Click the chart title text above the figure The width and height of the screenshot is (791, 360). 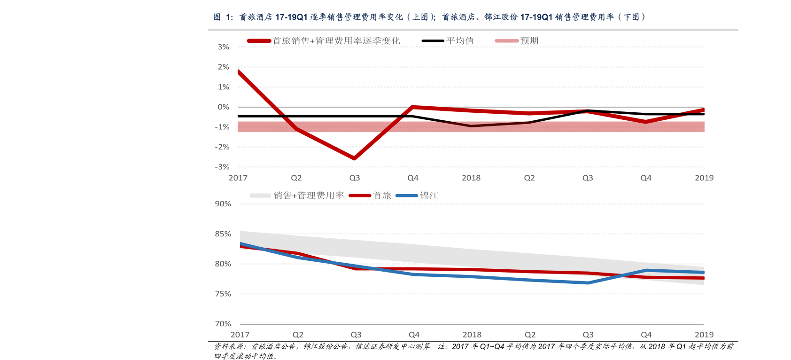click(429, 17)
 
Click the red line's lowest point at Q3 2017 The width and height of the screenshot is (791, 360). click(354, 158)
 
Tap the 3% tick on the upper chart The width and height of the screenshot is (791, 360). click(223, 47)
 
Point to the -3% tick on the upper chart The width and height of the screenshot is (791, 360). click(222, 167)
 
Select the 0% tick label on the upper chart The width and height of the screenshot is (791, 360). click(223, 107)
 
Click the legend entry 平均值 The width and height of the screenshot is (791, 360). click(460, 41)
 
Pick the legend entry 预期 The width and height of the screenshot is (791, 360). click(529, 41)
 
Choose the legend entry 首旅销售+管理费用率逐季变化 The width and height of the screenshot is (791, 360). click(336, 41)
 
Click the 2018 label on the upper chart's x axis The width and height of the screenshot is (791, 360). click(471, 178)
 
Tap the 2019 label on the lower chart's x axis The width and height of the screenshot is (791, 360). click(704, 335)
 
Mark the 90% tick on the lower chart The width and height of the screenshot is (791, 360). click(223, 204)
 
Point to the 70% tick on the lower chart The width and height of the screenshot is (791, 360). click(223, 324)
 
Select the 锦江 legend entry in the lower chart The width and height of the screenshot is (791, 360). click(429, 196)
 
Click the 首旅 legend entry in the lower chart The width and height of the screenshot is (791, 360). click(382, 196)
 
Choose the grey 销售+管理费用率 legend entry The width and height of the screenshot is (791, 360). click(309, 196)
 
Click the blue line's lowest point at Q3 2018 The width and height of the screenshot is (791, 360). click(588, 283)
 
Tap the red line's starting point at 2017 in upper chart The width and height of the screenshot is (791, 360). click(239, 72)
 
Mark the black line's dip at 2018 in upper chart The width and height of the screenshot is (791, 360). click(471, 126)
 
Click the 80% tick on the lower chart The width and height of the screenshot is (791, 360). click(223, 264)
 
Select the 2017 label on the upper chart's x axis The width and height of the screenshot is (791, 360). click(238, 178)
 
